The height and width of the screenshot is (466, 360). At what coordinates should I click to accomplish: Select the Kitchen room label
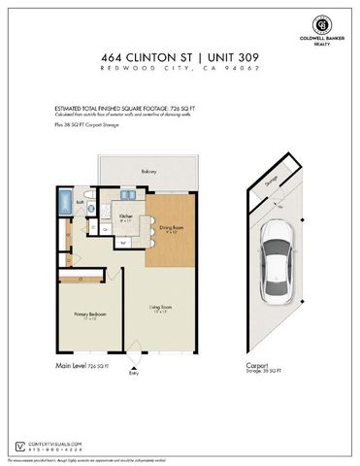point(126,218)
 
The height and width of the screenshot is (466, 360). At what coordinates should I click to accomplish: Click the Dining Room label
point(170,230)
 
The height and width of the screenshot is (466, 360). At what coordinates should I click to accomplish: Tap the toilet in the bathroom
point(89,206)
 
